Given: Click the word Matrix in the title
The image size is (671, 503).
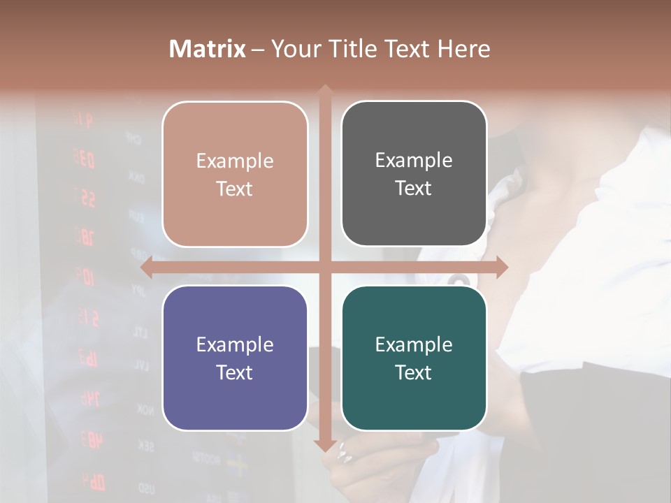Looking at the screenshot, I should pyautogui.click(x=208, y=49).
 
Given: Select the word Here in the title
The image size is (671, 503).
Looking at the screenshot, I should pyautogui.click(x=464, y=49).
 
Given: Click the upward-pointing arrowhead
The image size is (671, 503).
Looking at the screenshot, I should pyautogui.click(x=324, y=91).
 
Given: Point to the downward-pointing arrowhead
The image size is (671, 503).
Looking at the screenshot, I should pyautogui.click(x=324, y=444).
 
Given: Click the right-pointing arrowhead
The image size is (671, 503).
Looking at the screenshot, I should pyautogui.click(x=501, y=267).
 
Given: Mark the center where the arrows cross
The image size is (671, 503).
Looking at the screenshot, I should pyautogui.click(x=324, y=267).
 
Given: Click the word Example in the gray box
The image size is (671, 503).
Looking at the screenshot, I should pyautogui.click(x=414, y=161).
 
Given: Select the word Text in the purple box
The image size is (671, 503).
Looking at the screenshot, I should pyautogui.click(x=235, y=372).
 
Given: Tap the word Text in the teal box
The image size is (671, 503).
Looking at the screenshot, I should pyautogui.click(x=414, y=372).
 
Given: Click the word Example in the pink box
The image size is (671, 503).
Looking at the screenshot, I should pyautogui.click(x=235, y=161).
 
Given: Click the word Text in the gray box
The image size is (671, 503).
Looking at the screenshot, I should pyautogui.click(x=414, y=189).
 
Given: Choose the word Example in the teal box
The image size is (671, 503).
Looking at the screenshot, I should pyautogui.click(x=414, y=344).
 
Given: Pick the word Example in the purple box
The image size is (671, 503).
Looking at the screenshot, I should pyautogui.click(x=235, y=344).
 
